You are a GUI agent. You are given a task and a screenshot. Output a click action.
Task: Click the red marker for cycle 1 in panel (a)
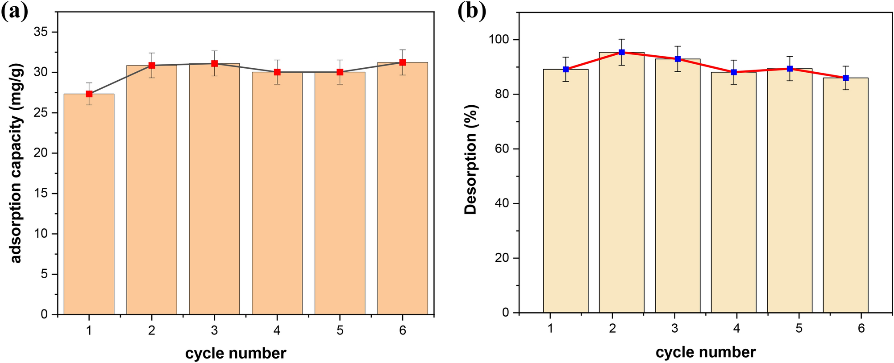pos(89,94)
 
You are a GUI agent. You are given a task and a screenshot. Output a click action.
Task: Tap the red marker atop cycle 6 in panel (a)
pos(403,62)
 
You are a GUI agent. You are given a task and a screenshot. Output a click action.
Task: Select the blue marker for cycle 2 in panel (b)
pos(622,52)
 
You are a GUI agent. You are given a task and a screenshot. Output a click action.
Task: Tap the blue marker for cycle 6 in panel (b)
pos(846,78)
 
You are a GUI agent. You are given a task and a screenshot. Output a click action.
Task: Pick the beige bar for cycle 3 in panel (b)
pos(678,187)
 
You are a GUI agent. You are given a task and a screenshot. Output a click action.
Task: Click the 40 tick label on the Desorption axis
pos(503,203)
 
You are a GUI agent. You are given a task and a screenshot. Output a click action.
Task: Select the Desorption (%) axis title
pos(471,160)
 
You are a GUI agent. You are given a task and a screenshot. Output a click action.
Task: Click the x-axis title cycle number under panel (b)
pos(706,352)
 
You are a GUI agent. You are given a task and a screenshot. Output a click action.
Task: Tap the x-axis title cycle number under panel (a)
pos(236,353)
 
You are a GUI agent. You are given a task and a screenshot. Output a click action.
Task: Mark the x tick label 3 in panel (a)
pos(215,330)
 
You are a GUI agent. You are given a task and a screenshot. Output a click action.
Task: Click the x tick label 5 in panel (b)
pos(799,329)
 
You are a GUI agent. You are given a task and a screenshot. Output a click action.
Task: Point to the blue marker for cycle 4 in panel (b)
pos(734,72)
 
